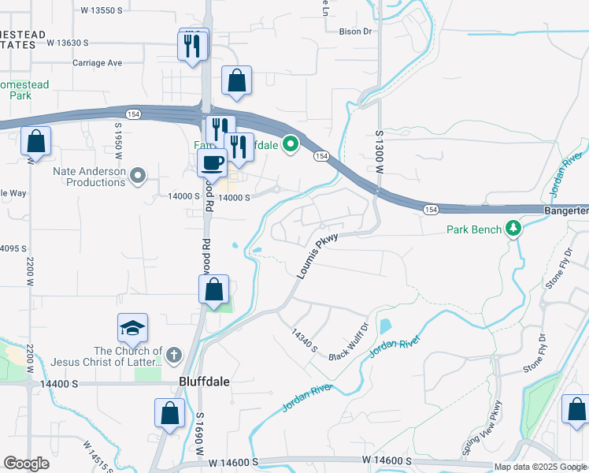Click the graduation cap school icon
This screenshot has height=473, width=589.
pos(132,328)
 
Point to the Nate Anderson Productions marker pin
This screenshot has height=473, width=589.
pos(139,175)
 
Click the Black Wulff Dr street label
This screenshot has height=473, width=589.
pos(349,341)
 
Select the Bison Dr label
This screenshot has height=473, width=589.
pos(354,32)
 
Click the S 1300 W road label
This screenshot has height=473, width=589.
pos(379,152)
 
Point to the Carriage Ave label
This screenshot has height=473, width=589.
pos(98,62)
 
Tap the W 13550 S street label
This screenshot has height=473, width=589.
pos(102,10)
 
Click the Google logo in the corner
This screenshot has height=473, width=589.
pos(26,463)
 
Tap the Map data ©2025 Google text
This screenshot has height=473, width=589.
pos(541,467)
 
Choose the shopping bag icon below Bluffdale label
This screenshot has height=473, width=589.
pos(170,412)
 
